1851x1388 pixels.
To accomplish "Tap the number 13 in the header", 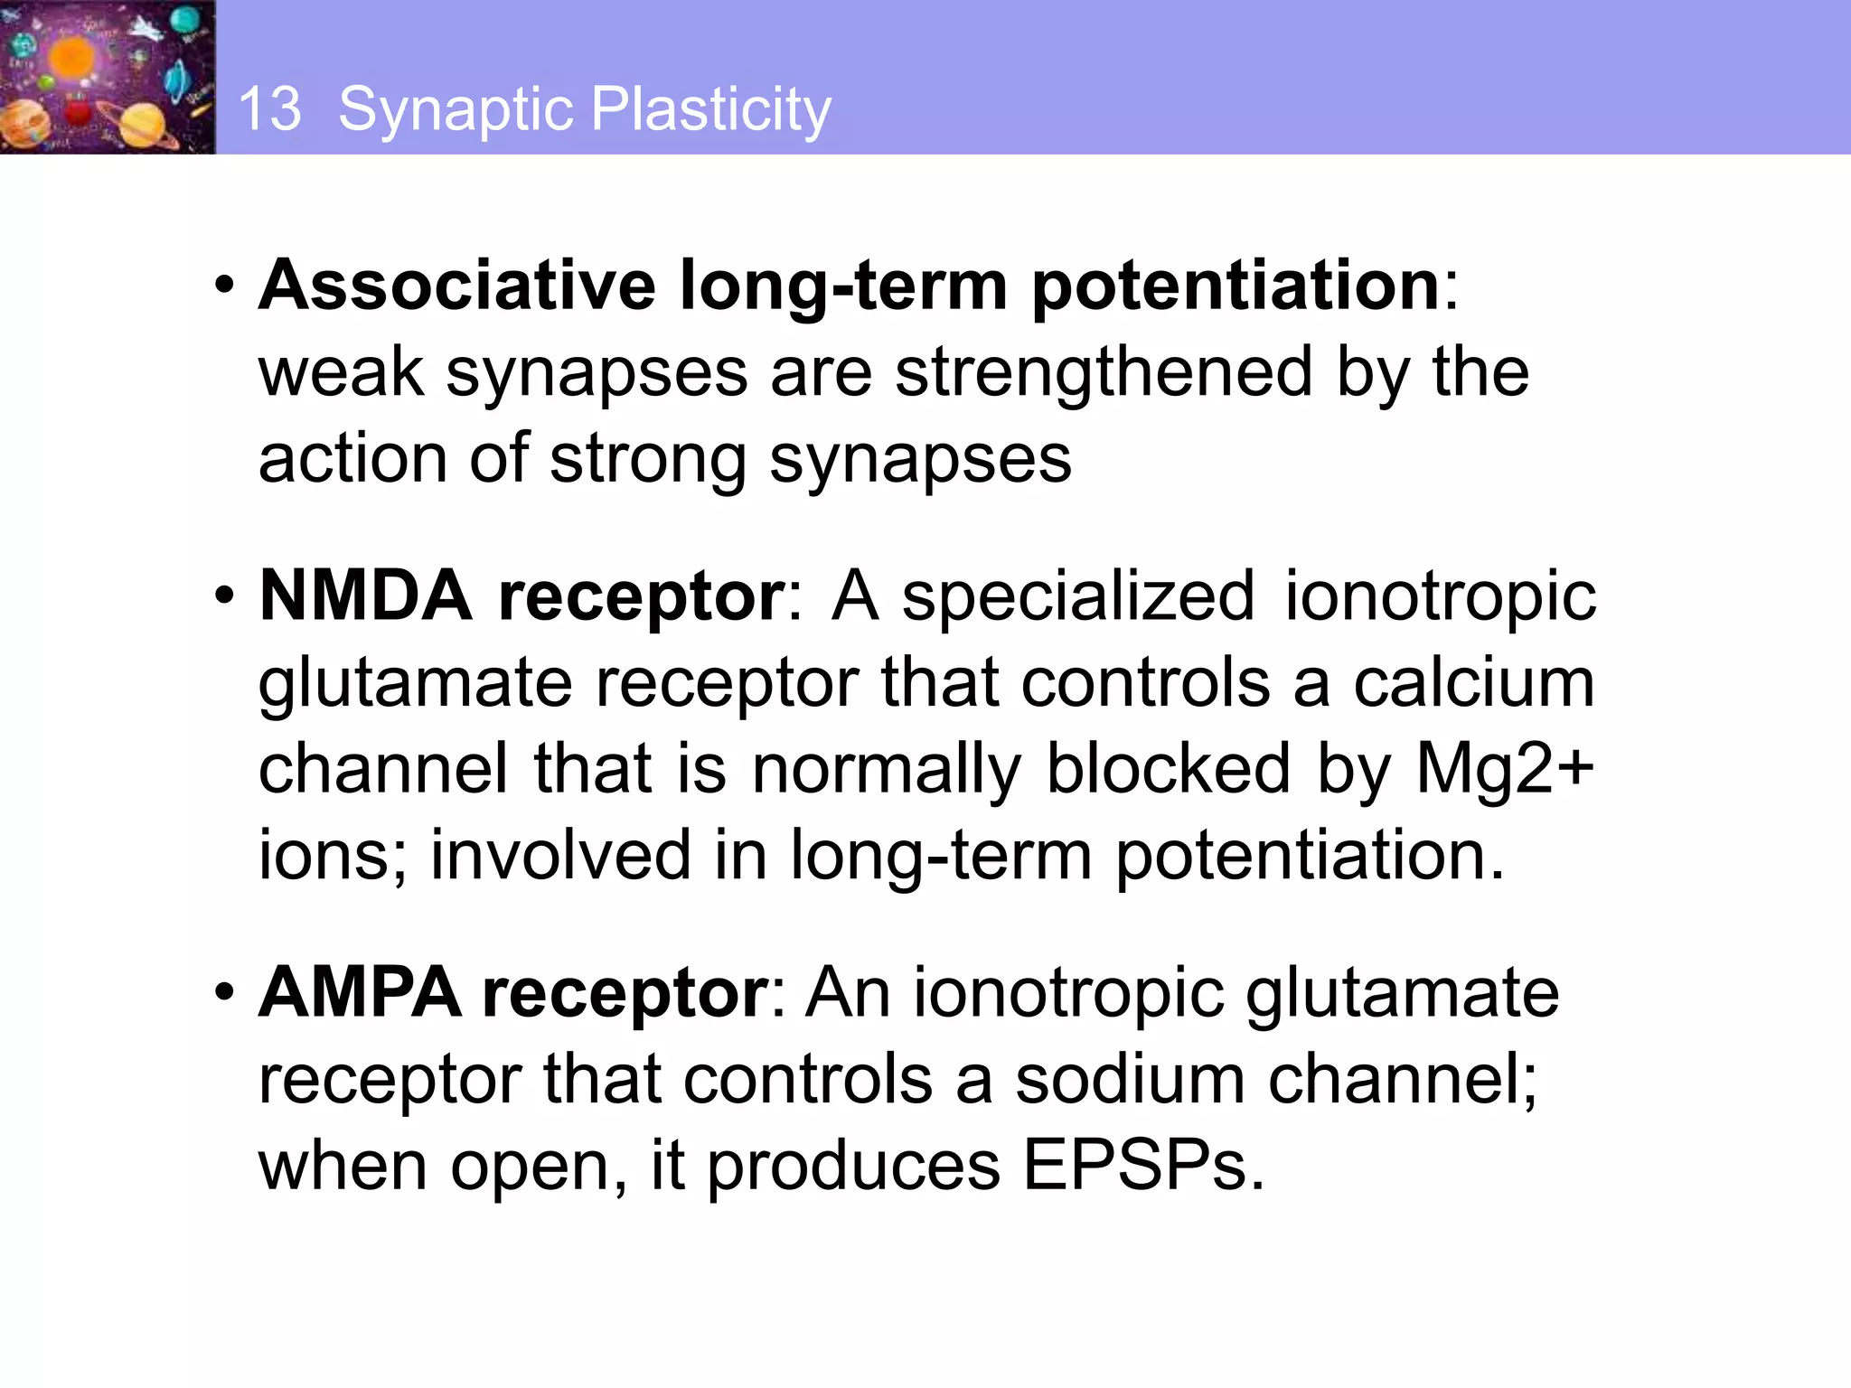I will pyautogui.click(x=269, y=109).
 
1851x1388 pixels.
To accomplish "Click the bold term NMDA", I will pyautogui.click(x=366, y=596).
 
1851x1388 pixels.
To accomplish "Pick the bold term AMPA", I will pyautogui.click(x=360, y=993).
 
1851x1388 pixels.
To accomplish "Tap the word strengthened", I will pyautogui.click(x=1104, y=372).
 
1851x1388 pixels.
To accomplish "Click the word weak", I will pyautogui.click(x=341, y=372).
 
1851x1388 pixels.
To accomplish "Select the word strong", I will pyautogui.click(x=647, y=459).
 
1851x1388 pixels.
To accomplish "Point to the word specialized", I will pyautogui.click(x=1078, y=598).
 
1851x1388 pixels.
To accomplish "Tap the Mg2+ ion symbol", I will pyautogui.click(x=1504, y=770).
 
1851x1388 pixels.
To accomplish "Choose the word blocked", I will pyautogui.click(x=1168, y=770).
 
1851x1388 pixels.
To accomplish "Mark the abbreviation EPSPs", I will pyautogui.click(x=1142, y=1167).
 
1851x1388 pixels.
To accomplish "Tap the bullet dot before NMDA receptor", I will pyautogui.click(x=224, y=597).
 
